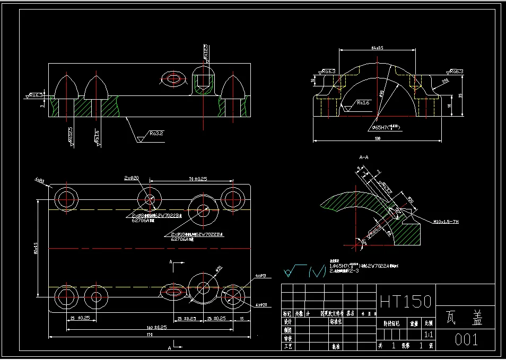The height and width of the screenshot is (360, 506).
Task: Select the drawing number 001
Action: tap(467, 340)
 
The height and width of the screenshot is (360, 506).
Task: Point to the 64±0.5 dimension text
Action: tap(377, 48)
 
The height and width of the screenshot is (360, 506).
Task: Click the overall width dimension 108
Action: tap(377, 139)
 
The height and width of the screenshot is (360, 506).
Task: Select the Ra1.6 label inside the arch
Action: tap(363, 102)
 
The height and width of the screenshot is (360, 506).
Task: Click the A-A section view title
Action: tap(364, 157)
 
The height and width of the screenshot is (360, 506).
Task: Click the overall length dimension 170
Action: tap(149, 335)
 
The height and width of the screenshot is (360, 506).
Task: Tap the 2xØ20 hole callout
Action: tap(131, 177)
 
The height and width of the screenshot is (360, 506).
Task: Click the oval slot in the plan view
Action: tap(174, 291)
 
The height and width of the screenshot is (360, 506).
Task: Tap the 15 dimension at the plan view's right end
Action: tap(241, 318)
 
